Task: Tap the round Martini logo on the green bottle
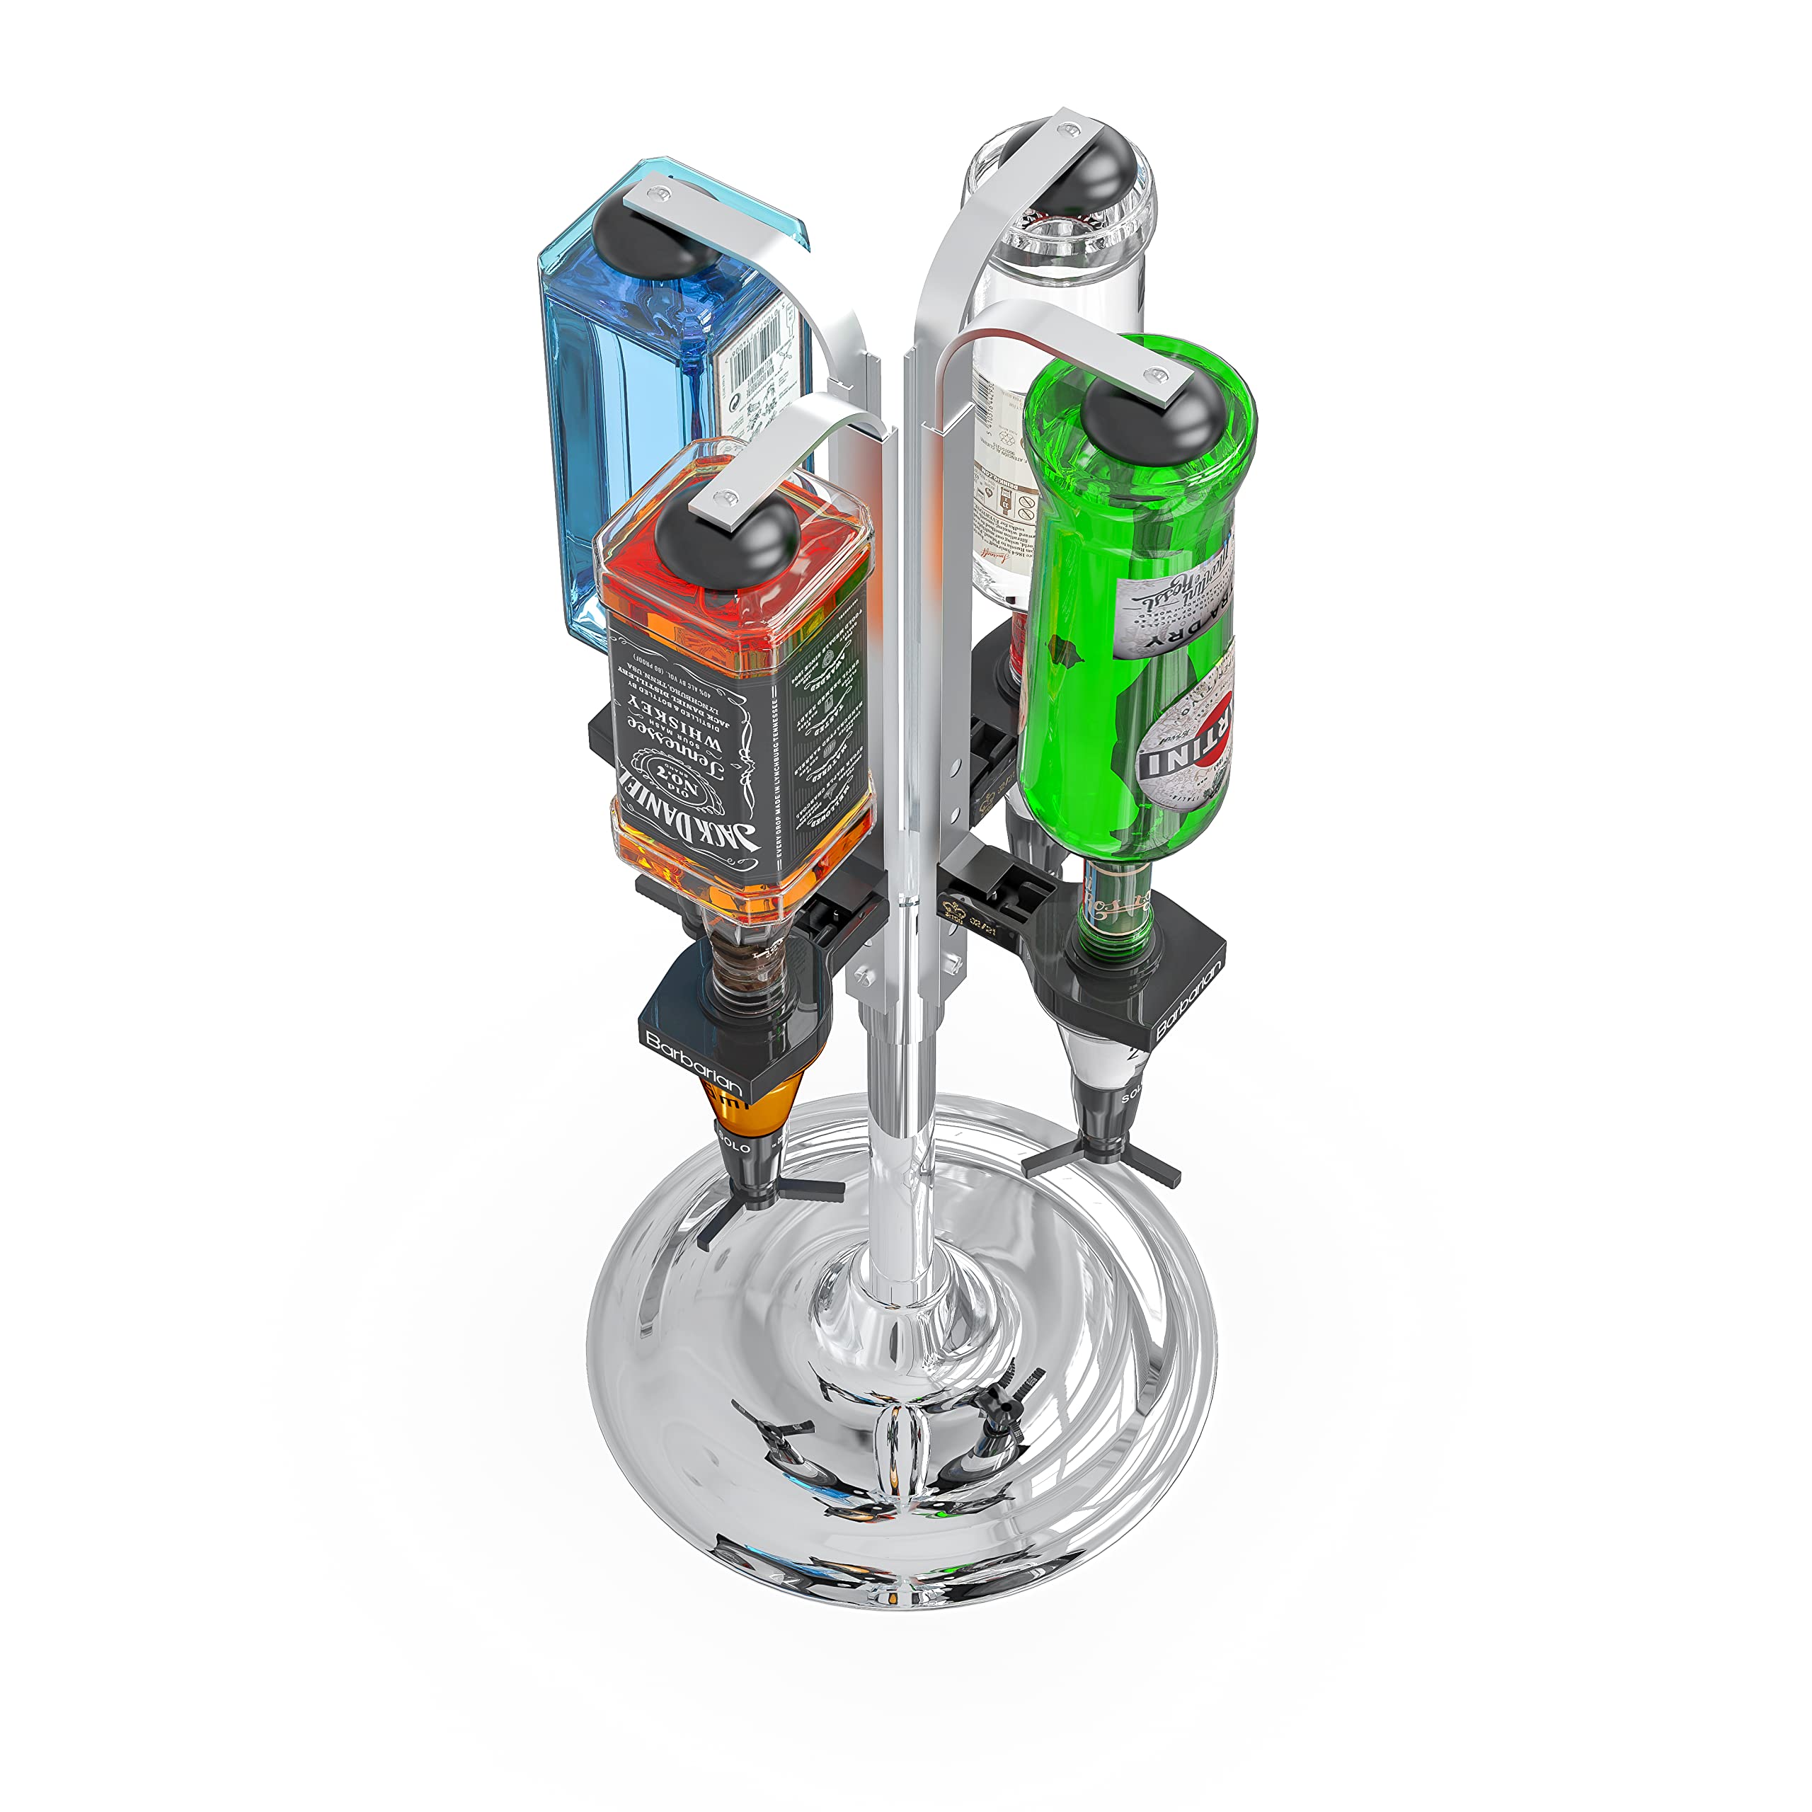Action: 1186,745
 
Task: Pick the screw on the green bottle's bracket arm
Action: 1164,374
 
